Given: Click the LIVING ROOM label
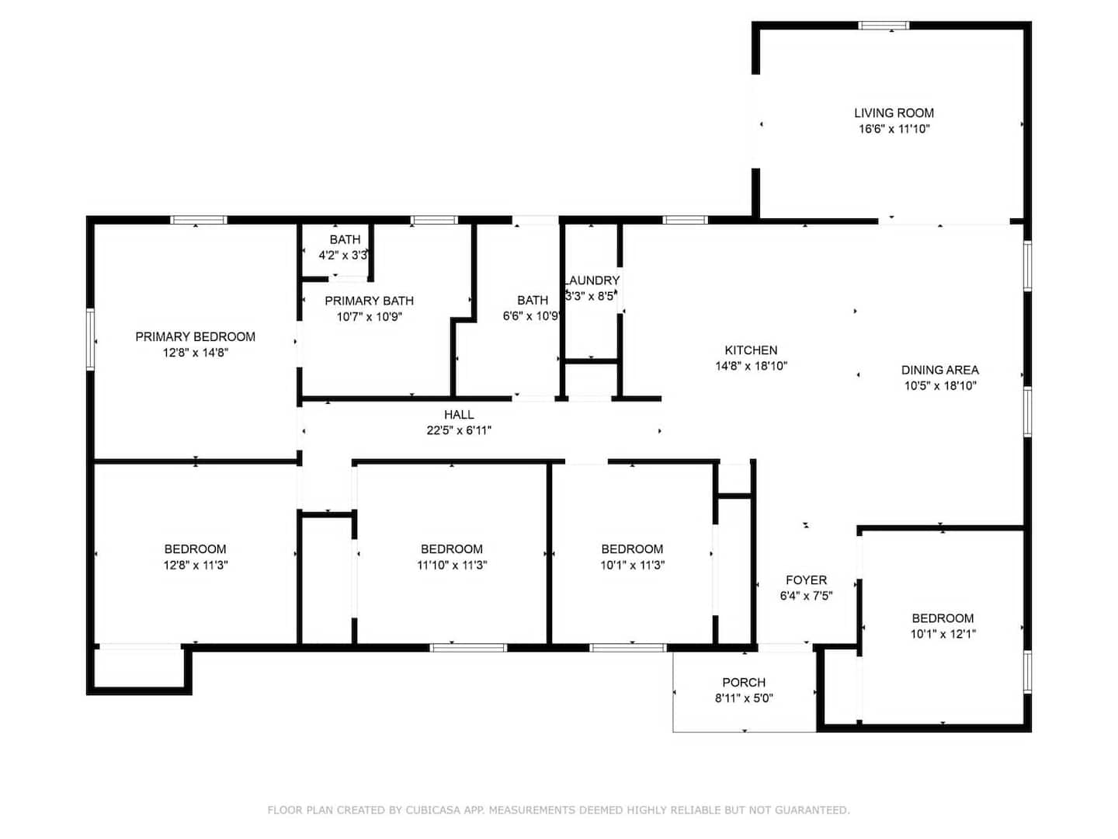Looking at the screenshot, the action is (x=894, y=113).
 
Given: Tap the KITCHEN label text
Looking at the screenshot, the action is (x=751, y=350).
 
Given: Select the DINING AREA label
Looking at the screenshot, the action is (x=939, y=370).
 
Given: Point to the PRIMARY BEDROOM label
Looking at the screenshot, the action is (x=195, y=336).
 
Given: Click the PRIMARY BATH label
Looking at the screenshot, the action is (x=370, y=301).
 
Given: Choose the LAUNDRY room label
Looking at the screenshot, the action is (x=592, y=280).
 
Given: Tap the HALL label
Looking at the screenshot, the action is (x=459, y=414).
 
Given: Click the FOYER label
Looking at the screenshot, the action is (x=807, y=580).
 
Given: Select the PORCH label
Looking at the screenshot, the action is (x=744, y=682).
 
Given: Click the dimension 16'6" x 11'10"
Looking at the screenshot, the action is (x=894, y=129).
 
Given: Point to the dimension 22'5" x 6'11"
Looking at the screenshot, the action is (x=459, y=430).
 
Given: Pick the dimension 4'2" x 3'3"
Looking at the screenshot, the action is (x=343, y=256).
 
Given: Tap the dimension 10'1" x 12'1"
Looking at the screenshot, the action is (x=943, y=634).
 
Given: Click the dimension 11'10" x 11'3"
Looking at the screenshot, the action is (x=452, y=565).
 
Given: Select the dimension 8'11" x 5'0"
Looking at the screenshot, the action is (x=744, y=698).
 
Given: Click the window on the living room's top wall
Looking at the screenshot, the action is (x=884, y=26).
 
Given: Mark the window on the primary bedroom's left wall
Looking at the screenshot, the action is (x=91, y=339).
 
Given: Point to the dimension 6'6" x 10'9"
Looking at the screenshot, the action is (x=532, y=316).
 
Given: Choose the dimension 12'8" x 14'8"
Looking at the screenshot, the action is (x=196, y=353).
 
